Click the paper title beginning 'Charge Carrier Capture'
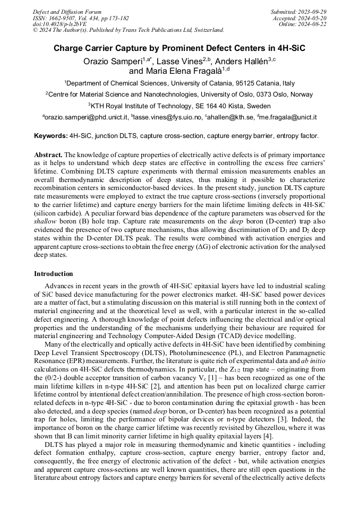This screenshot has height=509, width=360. tap(179, 48)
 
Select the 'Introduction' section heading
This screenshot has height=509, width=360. tap(54, 274)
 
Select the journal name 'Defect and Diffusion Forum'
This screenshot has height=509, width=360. tap(67, 11)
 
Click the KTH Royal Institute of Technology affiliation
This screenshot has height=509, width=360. tap(179, 105)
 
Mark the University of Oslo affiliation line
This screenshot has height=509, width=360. tap(179, 94)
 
